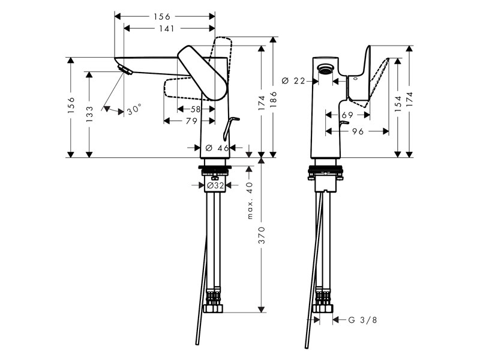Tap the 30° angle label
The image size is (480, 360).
click(x=134, y=110)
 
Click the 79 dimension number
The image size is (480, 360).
click(x=191, y=121)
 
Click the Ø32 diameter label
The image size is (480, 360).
click(x=215, y=186)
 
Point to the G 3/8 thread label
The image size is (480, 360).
click(x=362, y=320)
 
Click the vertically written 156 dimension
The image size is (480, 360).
click(x=71, y=105)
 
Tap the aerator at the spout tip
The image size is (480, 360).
click(x=125, y=71)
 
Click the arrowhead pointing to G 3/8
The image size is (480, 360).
click(x=335, y=320)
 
